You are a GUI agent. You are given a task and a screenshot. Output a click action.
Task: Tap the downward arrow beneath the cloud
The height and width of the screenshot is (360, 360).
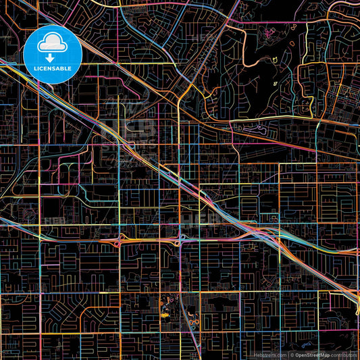point(53,58)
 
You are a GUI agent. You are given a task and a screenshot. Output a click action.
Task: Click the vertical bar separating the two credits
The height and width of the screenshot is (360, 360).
point(288,355)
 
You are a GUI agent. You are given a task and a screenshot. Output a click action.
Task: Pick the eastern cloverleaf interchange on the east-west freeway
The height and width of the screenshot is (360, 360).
point(180,239)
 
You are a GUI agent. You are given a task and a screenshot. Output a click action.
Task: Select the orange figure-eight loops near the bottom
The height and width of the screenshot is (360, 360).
point(192,324)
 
